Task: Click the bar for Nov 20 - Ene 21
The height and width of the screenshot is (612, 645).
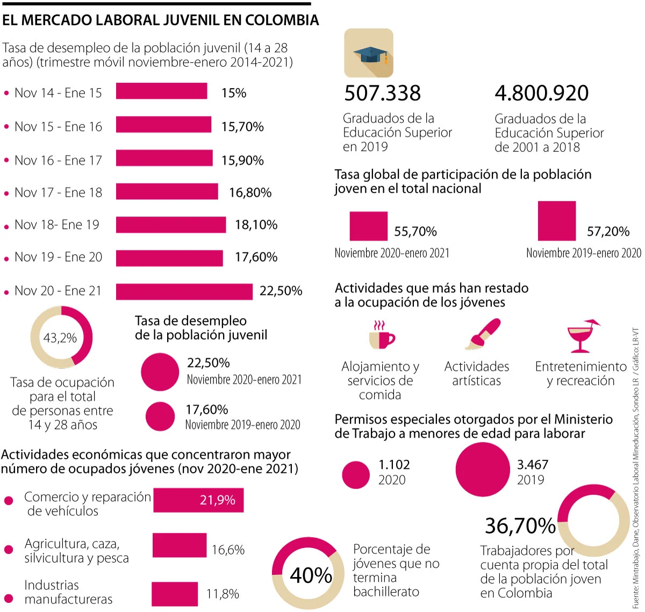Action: pyautogui.click(x=184, y=292)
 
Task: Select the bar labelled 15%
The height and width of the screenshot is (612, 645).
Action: pyautogui.click(x=161, y=91)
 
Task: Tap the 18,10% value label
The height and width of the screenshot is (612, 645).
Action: pyautogui.click(x=256, y=225)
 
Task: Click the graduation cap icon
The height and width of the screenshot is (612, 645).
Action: pyautogui.click(x=369, y=54)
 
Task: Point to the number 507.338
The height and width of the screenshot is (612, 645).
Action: pyautogui.click(x=382, y=93)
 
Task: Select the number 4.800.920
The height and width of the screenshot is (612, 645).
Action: pyautogui.click(x=541, y=93)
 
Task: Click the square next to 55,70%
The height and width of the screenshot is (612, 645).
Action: pyautogui.click(x=368, y=226)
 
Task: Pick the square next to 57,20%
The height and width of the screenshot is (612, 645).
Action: pyautogui.click(x=556, y=221)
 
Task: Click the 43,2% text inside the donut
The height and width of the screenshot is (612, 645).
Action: pyautogui.click(x=60, y=338)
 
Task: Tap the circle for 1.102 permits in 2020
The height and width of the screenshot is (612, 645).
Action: pyautogui.click(x=356, y=475)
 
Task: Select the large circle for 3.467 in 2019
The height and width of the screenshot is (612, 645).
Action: pyautogui.click(x=482, y=469)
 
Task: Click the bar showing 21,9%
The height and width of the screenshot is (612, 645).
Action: pyautogui.click(x=198, y=500)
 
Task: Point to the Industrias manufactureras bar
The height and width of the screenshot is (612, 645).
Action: pyautogui.click(x=174, y=594)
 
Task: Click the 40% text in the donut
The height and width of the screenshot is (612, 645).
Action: pyautogui.click(x=311, y=575)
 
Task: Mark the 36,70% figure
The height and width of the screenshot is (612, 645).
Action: pyautogui.click(x=520, y=525)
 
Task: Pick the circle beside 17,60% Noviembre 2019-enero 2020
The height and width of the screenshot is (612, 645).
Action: pyautogui.click(x=160, y=416)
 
